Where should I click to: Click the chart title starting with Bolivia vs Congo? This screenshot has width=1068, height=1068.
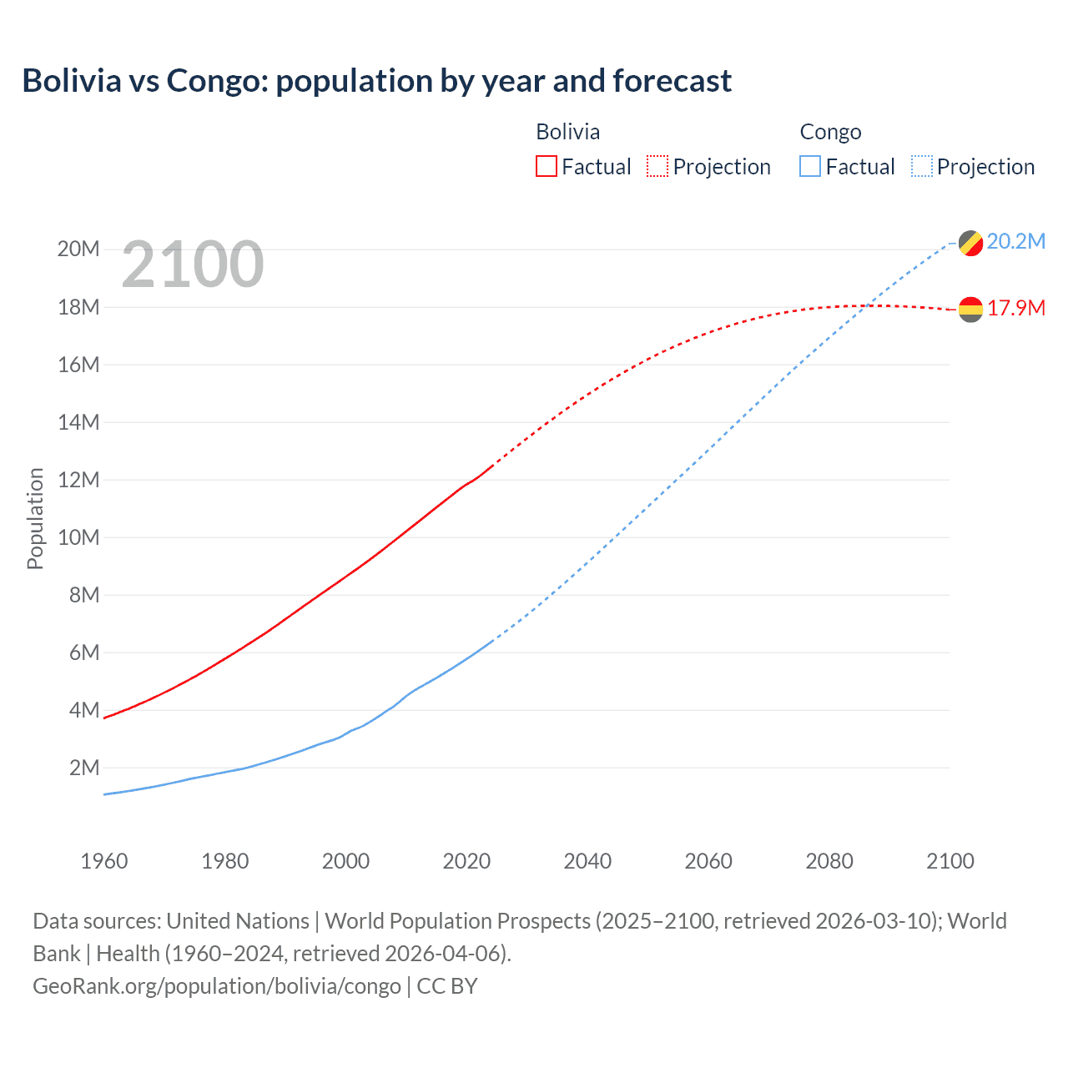pyautogui.click(x=376, y=81)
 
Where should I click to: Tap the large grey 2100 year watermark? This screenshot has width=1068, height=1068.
pyautogui.click(x=193, y=264)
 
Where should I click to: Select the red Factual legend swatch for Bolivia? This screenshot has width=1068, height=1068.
pyautogui.click(x=546, y=167)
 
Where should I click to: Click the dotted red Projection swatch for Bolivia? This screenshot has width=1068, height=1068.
pyautogui.click(x=657, y=167)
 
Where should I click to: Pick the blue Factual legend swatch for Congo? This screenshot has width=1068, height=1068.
pyautogui.click(x=809, y=167)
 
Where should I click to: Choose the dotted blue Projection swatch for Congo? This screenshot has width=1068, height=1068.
pyautogui.click(x=921, y=167)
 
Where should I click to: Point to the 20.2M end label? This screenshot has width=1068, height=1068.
pyautogui.click(x=1015, y=242)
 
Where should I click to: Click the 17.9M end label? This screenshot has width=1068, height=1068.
pyautogui.click(x=1015, y=309)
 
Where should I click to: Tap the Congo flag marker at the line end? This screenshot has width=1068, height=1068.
pyautogui.click(x=970, y=244)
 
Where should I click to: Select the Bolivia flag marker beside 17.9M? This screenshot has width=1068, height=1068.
pyautogui.click(x=970, y=310)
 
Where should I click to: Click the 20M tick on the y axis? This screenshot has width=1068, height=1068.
pyautogui.click(x=78, y=249)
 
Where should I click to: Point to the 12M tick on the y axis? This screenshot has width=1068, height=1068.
pyautogui.click(x=78, y=480)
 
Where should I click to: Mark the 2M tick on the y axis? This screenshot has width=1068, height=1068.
pyautogui.click(x=84, y=768)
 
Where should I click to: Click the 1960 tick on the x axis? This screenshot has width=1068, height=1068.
pyautogui.click(x=104, y=861)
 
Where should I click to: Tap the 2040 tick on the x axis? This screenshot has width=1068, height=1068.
pyautogui.click(x=587, y=861)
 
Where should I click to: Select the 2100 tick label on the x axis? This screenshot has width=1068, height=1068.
pyautogui.click(x=950, y=861)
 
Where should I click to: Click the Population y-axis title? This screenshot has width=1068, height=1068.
pyautogui.click(x=35, y=518)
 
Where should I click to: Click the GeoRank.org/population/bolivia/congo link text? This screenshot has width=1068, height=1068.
pyautogui.click(x=217, y=986)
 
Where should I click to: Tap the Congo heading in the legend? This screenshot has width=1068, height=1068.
pyautogui.click(x=830, y=132)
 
